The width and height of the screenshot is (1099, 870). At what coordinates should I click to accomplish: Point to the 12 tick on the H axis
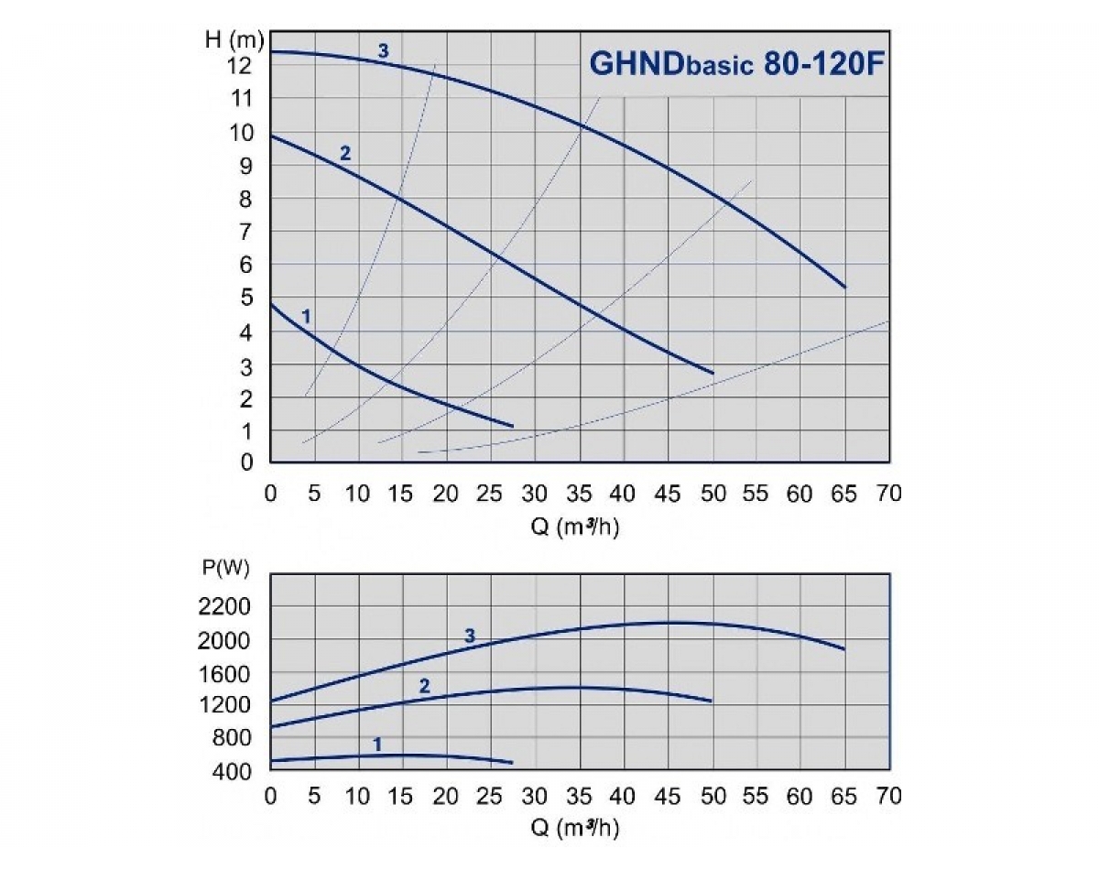241,66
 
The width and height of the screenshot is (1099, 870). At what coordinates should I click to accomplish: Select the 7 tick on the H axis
246,232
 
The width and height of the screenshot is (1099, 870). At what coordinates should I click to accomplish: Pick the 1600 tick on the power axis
225,673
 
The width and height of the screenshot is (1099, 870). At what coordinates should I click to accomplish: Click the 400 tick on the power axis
231,771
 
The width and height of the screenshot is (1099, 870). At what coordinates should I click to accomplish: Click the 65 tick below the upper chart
843,494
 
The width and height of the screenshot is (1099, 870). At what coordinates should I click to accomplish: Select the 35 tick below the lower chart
579,795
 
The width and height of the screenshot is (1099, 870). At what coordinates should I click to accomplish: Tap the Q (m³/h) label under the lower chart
579,829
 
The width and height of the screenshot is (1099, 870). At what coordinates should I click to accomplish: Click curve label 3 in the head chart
384,51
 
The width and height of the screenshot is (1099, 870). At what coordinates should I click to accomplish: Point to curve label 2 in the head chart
345,153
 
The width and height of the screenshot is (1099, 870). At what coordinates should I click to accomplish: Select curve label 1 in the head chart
307,316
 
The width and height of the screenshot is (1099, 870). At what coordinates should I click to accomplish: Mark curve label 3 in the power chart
470,636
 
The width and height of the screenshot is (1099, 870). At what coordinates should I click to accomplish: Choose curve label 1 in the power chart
377,745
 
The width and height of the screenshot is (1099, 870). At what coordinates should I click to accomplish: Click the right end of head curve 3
844,288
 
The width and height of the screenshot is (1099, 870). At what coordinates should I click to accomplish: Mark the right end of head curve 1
512,426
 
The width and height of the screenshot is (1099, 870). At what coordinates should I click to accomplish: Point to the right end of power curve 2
711,701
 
